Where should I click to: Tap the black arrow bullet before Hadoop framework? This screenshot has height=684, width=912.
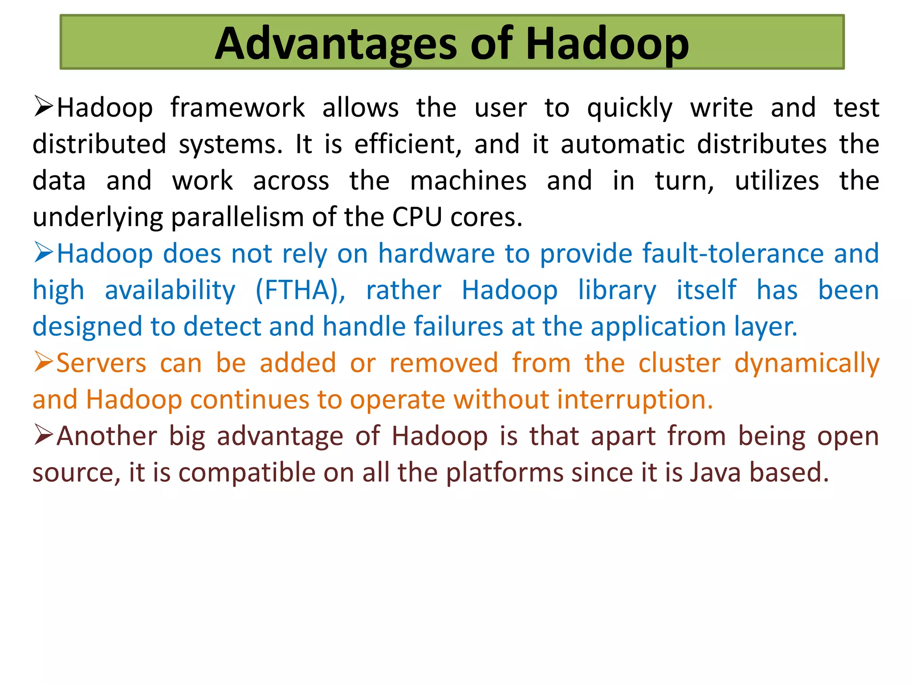pos(44,107)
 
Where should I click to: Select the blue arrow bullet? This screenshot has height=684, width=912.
pos(44,253)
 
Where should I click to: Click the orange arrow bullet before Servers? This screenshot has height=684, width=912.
pos(44,362)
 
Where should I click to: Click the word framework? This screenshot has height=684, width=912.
pos(237,108)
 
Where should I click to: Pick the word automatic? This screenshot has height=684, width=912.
pos(622,145)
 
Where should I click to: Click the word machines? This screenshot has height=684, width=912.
pos(468,181)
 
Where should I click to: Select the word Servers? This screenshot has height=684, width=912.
pos(102,363)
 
